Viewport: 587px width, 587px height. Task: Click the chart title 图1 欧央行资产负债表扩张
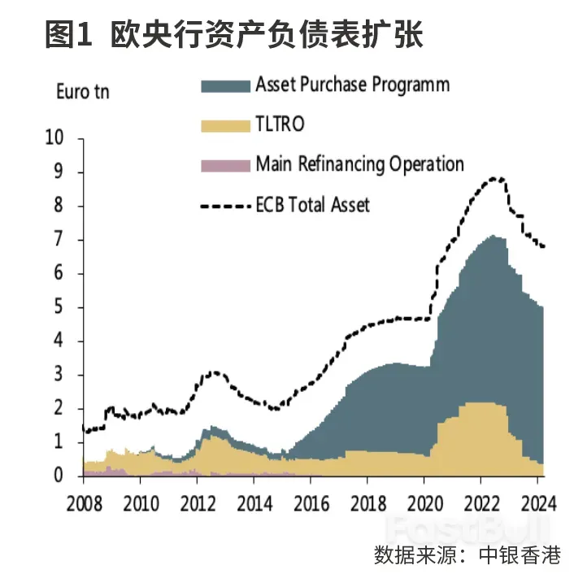click(x=235, y=36)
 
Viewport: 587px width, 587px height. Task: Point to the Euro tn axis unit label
click(x=82, y=91)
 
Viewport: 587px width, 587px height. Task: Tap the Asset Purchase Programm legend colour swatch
click(x=224, y=85)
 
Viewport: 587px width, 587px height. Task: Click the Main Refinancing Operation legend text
click(x=359, y=163)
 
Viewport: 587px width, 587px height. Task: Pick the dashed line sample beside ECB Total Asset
click(x=224, y=206)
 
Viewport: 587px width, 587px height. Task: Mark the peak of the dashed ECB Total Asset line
click(x=494, y=178)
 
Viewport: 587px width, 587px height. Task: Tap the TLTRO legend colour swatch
click(x=224, y=124)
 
